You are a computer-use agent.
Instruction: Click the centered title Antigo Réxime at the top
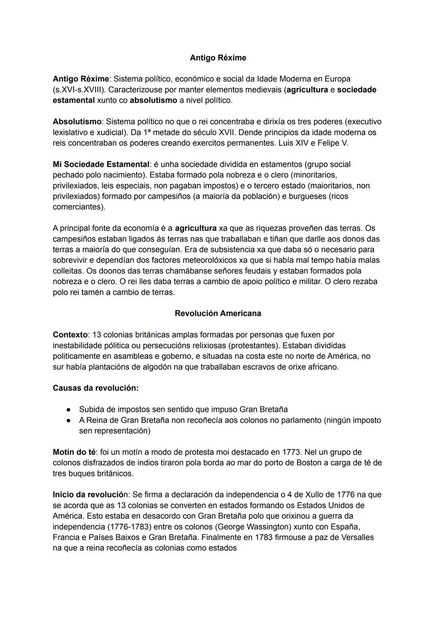coord(218,58)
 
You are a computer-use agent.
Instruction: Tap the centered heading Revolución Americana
coord(218,313)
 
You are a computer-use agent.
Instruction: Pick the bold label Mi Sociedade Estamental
coord(101,164)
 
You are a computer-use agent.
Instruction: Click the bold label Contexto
coord(70,335)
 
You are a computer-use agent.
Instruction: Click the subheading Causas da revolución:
coord(95,388)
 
